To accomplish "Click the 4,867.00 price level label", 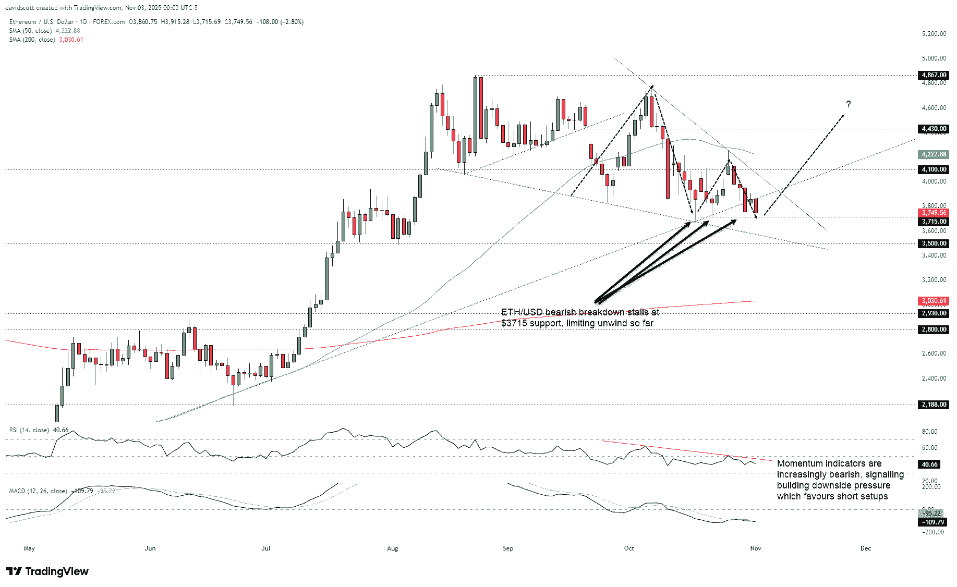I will (934, 75).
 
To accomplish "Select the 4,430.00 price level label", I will (934, 129).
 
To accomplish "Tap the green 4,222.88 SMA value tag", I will (934, 154).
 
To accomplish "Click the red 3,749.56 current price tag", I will (934, 213).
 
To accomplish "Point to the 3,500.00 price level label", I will (934, 243).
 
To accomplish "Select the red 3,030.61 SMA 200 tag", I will (934, 301).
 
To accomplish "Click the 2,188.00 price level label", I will (934, 405).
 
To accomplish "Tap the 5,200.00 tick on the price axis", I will (934, 34).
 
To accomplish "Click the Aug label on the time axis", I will (393, 548).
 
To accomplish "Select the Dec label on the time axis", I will (866, 548).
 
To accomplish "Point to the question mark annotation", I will (849, 104).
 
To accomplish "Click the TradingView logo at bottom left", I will (47, 571).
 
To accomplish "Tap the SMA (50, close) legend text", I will (30, 31).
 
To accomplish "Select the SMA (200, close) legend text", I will (32, 40).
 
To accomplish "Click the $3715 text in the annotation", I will (514, 323).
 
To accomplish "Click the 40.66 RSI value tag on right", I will (930, 464).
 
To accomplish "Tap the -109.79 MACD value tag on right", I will (932, 522).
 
